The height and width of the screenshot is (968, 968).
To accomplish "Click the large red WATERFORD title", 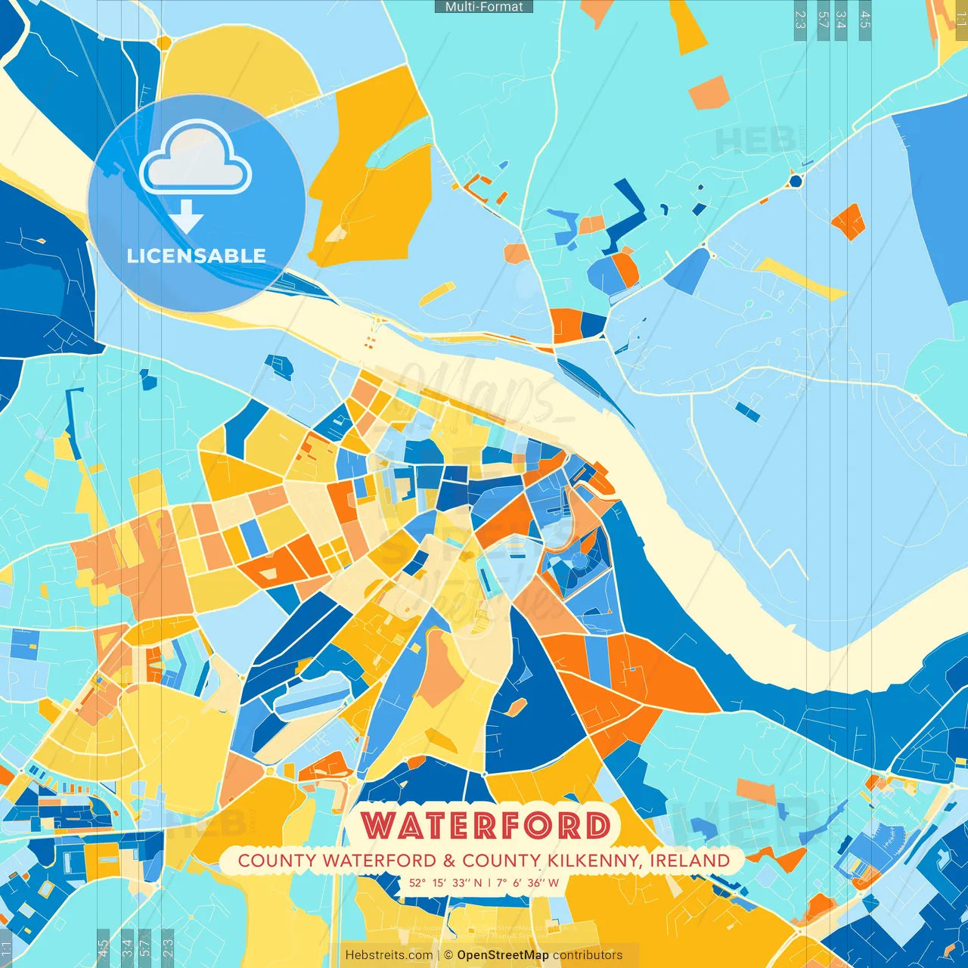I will click(x=486, y=825).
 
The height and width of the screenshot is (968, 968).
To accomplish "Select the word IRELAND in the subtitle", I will click(x=690, y=861).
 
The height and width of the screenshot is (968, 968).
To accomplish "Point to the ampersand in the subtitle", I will click(x=449, y=861).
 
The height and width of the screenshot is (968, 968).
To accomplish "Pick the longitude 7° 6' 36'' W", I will click(x=528, y=883).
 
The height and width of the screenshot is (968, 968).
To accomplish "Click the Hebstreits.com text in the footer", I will click(x=389, y=955).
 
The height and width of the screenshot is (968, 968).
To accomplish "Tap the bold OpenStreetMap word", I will click(x=503, y=955).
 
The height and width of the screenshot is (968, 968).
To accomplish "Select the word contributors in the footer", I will click(x=588, y=955).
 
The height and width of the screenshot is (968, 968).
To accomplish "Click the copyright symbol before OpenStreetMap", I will click(x=448, y=955).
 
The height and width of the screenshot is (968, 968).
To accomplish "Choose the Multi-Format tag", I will click(x=484, y=7).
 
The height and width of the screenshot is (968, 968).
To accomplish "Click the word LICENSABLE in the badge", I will click(x=197, y=256).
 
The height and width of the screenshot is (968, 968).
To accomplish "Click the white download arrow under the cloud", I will click(x=186, y=216).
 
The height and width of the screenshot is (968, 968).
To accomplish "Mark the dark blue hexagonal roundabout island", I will click(x=795, y=181).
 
